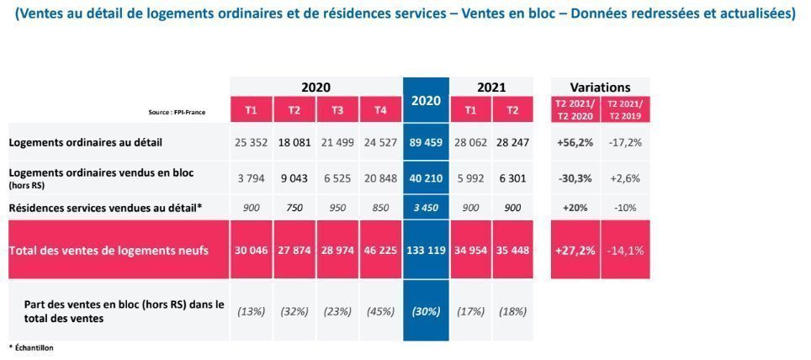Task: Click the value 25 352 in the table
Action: [x=252, y=143]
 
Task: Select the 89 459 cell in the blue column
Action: [x=427, y=143]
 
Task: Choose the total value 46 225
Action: [x=380, y=250]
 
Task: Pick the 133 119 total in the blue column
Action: [x=427, y=250]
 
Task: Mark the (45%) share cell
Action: [x=380, y=310]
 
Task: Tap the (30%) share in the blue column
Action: [x=427, y=310]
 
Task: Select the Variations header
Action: [x=600, y=87]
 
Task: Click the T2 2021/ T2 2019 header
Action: [x=625, y=109]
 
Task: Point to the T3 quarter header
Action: [x=337, y=109]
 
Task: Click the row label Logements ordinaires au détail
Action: [x=86, y=143]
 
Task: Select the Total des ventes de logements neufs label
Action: [x=109, y=250]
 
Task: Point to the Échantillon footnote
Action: [x=31, y=347]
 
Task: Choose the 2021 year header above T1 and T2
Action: [x=491, y=87]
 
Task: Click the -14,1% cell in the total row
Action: [x=625, y=250]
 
